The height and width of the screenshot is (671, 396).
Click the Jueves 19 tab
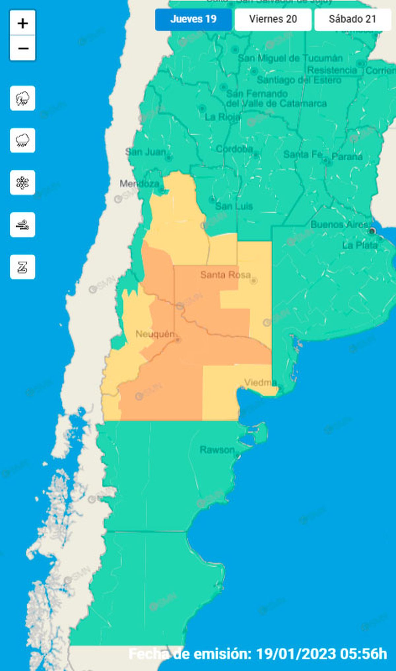click(193, 19)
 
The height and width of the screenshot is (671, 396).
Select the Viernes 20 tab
click(273, 19)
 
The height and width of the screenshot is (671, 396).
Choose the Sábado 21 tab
click(352, 19)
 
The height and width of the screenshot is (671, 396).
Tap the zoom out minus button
click(23, 48)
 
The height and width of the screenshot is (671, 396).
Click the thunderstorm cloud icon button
click(23, 98)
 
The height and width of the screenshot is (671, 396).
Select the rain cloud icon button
click(23, 140)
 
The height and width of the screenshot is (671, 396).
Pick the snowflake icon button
click(23, 182)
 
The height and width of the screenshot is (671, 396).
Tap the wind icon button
click(23, 225)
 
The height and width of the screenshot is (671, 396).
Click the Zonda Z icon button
click(23, 267)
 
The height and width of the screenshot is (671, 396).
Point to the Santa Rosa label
click(225, 275)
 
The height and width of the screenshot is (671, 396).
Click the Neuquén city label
click(155, 334)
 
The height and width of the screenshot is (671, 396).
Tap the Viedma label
click(260, 382)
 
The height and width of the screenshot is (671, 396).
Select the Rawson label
click(217, 450)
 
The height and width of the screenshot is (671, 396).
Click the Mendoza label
click(139, 183)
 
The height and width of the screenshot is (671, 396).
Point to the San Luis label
click(234, 207)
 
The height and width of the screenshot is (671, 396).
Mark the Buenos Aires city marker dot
click(372, 231)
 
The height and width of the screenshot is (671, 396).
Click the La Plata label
click(360, 245)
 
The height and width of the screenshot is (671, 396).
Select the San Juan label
click(146, 152)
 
